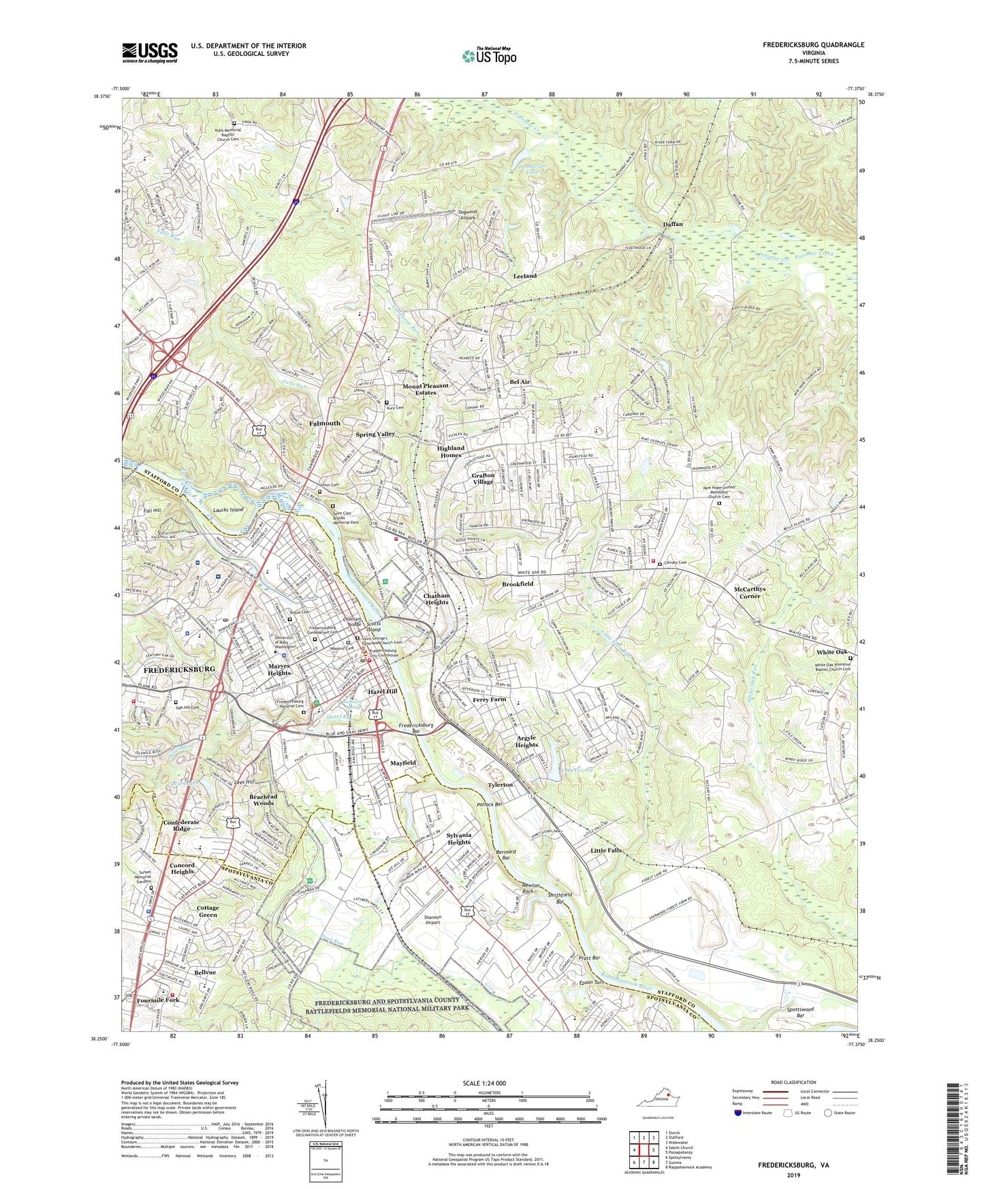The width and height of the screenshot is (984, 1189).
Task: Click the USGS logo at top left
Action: click(x=150, y=52)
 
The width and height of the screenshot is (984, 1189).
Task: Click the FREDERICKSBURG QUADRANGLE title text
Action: click(x=813, y=45)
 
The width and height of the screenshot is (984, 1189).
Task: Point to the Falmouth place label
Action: click(x=324, y=423)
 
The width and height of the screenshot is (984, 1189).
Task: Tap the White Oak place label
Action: click(x=831, y=652)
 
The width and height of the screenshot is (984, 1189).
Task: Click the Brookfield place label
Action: click(x=518, y=584)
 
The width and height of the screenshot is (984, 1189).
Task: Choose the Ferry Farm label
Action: click(x=490, y=699)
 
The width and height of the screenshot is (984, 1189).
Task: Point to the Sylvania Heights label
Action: click(x=459, y=838)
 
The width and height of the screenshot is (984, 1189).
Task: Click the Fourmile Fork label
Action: click(x=158, y=1000)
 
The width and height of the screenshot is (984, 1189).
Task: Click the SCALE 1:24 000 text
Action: click(x=488, y=1083)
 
